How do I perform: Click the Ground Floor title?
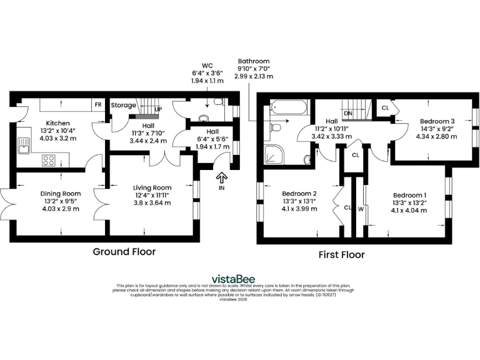point(124,251)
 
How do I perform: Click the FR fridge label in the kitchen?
point(98,105)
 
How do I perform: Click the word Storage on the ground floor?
point(123,106)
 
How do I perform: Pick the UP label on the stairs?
point(158,109)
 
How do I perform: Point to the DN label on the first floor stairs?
point(348,112)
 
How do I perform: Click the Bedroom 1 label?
point(409,194)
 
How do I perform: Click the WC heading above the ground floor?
point(207,65)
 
